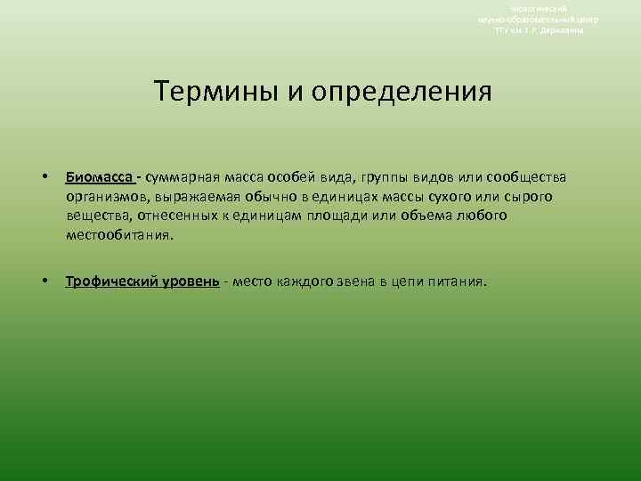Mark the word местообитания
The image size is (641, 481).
point(119,237)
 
